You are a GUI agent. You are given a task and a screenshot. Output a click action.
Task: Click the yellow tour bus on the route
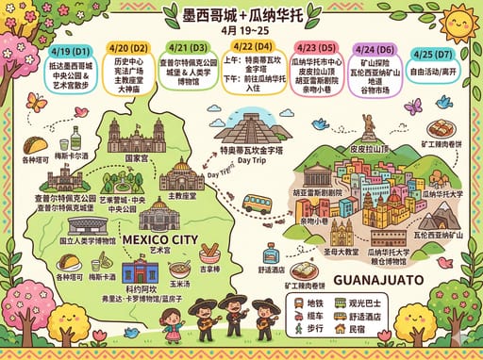pos(257,203)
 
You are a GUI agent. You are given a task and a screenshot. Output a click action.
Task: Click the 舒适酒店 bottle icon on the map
pos(271,254)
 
